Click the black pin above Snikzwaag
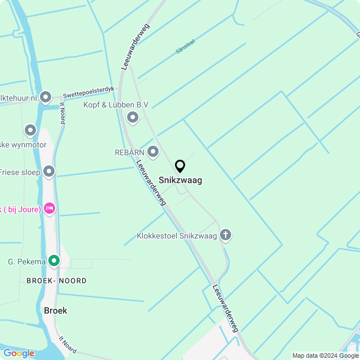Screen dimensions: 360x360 pyautogui.click(x=180, y=166)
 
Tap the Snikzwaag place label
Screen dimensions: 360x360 pyautogui.click(x=180, y=181)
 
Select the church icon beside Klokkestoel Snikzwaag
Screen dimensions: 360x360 pyautogui.click(x=226, y=235)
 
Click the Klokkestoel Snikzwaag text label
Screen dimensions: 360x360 pyautogui.click(x=177, y=236)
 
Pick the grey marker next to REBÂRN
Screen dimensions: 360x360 pyautogui.click(x=153, y=152)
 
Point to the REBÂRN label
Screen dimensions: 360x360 pyautogui.click(x=129, y=152)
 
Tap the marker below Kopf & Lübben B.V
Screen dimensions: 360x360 pyautogui.click(x=133, y=118)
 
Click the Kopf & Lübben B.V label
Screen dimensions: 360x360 pyautogui.click(x=116, y=105)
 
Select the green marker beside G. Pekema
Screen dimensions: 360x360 pyautogui.click(x=54, y=260)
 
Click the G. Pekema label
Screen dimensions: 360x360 pyautogui.click(x=26, y=261)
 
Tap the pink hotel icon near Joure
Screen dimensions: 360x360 pyautogui.click(x=49, y=209)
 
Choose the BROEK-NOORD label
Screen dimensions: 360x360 pyautogui.click(x=56, y=281)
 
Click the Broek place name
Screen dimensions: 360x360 pyautogui.click(x=55, y=310)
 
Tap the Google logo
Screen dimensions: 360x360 pyautogui.click(x=19, y=353)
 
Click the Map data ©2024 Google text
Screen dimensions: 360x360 pyautogui.click(x=325, y=355)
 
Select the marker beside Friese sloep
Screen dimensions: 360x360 pyautogui.click(x=49, y=172)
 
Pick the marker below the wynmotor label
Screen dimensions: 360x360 pyautogui.click(x=30, y=131)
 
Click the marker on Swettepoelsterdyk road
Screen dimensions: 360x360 pyautogui.click(x=46, y=98)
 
